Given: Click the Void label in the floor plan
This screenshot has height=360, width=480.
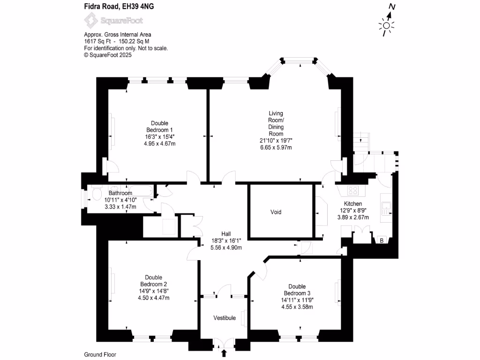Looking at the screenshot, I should point(276,212).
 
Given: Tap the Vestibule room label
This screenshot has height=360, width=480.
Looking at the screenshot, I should point(225,318).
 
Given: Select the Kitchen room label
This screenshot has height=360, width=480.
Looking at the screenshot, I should point(353,203).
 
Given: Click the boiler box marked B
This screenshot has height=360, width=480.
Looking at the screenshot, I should point(381,241).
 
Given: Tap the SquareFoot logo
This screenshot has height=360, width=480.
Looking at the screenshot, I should point(113,21).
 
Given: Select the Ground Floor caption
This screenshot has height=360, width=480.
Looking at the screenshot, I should point(100,355).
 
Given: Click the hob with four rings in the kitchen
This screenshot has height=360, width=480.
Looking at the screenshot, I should point(353,190).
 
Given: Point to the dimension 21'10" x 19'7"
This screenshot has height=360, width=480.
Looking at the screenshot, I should point(276,141).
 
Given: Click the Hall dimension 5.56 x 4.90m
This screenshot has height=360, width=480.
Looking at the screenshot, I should point(227,247).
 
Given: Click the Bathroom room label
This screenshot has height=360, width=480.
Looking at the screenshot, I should point(120,193).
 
